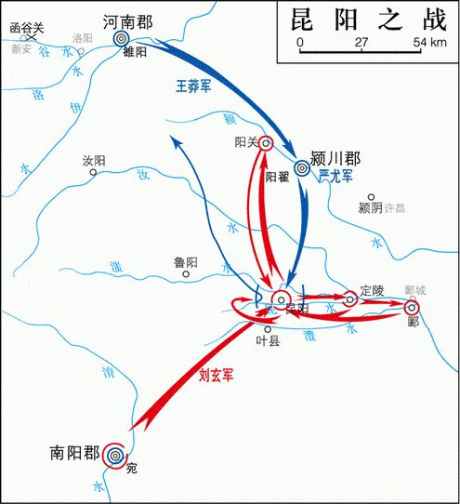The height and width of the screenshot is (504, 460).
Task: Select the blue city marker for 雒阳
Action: (121, 38)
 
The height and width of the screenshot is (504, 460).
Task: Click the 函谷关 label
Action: (27, 28)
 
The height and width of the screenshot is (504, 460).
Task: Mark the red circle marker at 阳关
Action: (266, 143)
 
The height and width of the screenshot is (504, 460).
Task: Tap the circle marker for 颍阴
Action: (371, 198)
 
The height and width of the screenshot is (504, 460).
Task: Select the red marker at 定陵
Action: (350, 298)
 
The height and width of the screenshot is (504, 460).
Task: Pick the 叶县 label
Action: (268, 341)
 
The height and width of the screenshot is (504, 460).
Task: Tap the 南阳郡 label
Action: (74, 455)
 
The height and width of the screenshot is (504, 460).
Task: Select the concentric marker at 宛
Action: (115, 455)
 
